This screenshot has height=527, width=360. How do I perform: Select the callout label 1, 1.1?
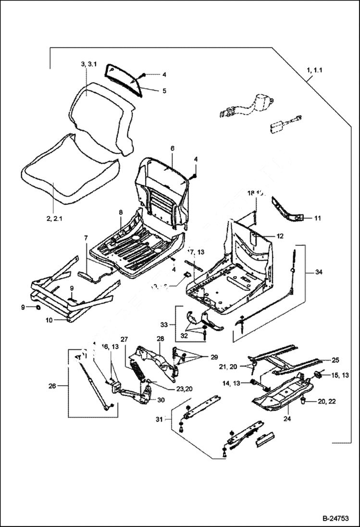click(314, 70)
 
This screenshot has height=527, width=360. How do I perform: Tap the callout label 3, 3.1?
click(89, 64)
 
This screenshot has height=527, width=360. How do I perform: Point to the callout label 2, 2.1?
click(56, 219)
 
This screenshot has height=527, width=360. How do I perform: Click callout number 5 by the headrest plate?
click(164, 90)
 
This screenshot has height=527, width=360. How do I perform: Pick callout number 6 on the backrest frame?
click(172, 149)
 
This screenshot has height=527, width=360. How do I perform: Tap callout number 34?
click(319, 272)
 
